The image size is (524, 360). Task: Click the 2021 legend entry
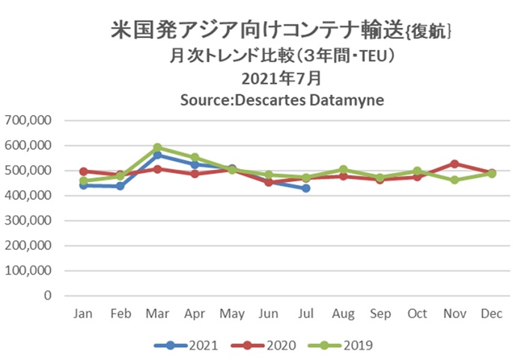(x=186, y=345)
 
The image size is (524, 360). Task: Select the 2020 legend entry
(x=263, y=345)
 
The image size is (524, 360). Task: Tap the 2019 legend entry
(x=341, y=345)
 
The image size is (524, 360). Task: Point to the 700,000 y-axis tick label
(x=28, y=120)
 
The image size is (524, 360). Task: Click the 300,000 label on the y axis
(x=28, y=221)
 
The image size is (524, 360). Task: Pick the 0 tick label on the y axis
(x=48, y=296)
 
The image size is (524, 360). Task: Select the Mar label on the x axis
(x=157, y=314)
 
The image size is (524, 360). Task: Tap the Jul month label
(x=305, y=314)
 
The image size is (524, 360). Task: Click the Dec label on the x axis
(x=491, y=314)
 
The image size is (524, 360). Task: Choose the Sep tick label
(x=380, y=314)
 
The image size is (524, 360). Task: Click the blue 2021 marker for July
(x=305, y=188)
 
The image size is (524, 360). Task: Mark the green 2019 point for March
(x=157, y=147)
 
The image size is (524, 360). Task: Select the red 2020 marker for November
(x=454, y=164)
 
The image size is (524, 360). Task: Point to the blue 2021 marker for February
(x=121, y=186)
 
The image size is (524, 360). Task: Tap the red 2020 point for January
(x=84, y=171)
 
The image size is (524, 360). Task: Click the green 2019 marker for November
(x=454, y=180)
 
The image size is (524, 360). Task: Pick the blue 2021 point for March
(x=157, y=155)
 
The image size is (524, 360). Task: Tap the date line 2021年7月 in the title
(x=281, y=79)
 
